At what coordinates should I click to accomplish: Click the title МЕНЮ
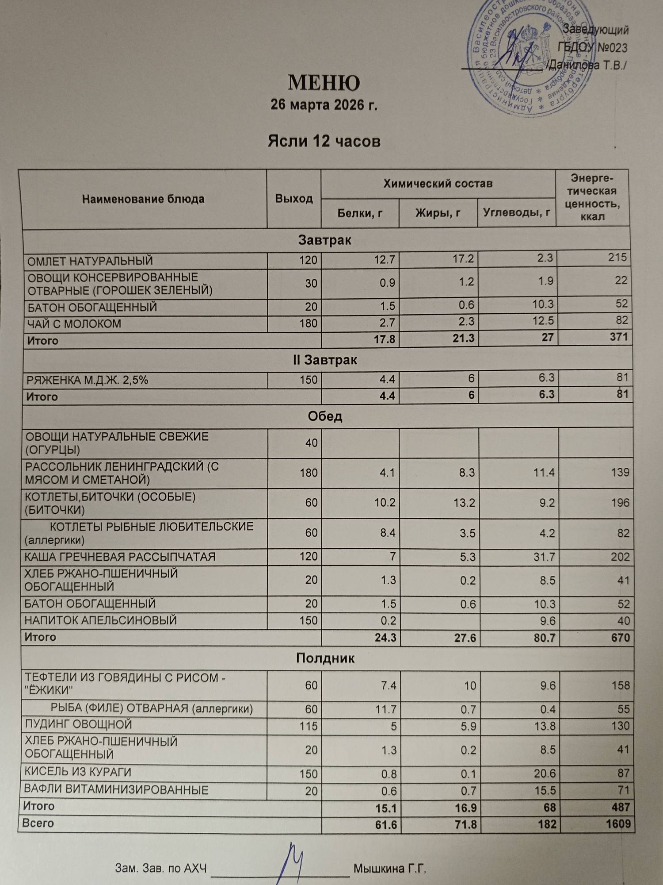click(324, 83)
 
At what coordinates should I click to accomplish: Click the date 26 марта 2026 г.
click(324, 105)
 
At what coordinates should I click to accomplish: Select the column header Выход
click(294, 199)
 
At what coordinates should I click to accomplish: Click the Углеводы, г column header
click(516, 213)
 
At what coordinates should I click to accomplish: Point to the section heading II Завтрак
click(325, 360)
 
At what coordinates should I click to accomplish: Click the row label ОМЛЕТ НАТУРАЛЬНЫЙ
click(90, 261)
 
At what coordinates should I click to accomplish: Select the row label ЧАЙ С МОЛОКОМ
click(74, 324)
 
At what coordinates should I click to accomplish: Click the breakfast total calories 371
click(618, 337)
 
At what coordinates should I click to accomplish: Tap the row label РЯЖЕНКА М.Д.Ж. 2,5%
click(88, 380)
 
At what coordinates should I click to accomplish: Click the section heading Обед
click(325, 416)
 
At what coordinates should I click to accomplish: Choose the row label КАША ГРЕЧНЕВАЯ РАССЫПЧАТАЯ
click(120, 557)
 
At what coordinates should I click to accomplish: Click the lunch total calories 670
click(621, 638)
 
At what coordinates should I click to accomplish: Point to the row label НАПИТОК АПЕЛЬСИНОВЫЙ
click(101, 620)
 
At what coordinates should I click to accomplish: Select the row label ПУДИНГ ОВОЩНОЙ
click(78, 724)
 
